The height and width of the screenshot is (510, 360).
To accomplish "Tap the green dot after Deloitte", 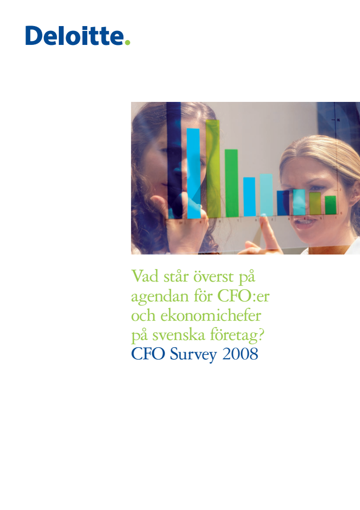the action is [127, 42].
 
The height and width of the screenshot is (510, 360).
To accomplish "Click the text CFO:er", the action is [243, 296].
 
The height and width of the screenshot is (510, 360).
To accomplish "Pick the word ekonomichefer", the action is [210, 315].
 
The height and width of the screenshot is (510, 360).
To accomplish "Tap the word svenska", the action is [179, 335].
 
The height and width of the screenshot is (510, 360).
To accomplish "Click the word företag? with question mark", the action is [237, 336].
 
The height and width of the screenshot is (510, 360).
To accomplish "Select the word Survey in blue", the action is [194, 354].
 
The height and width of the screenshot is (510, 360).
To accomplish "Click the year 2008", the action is [240, 354].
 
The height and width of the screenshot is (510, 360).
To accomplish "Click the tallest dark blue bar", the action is [174, 160].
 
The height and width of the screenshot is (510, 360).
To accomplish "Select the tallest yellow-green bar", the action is [213, 169].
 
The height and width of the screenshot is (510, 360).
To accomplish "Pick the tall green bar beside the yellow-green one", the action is [231, 183].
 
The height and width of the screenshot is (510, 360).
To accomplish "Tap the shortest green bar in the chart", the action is [331, 205].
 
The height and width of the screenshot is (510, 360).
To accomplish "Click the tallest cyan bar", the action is [194, 173].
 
